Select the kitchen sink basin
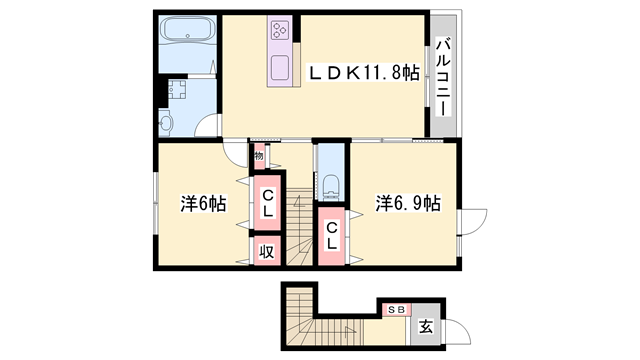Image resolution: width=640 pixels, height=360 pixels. pos(280,68)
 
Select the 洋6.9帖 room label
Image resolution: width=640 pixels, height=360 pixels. pos(407,203)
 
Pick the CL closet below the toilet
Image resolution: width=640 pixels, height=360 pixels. pos(332,238)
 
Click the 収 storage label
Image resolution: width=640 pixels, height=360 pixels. pos(267,251)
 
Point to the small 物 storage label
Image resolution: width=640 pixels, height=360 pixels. pos(258,156)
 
